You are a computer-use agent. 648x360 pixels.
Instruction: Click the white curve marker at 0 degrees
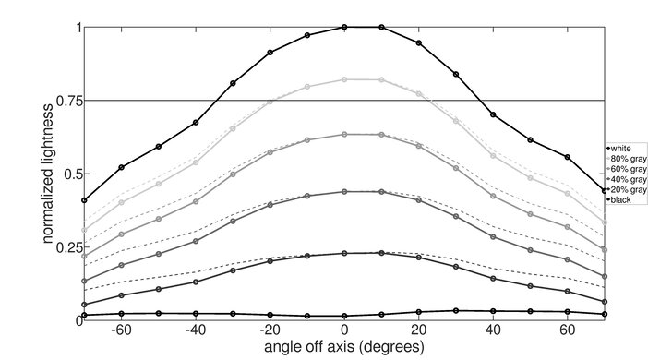(x=344, y=27)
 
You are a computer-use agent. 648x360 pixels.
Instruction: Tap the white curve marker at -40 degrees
(x=196, y=122)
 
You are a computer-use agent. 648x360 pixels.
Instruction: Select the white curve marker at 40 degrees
(x=493, y=114)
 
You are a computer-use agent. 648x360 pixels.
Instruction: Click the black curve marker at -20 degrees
(x=270, y=315)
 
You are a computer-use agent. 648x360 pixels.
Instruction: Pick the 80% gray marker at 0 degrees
(x=344, y=79)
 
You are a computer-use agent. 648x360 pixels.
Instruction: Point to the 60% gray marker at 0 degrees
(x=344, y=134)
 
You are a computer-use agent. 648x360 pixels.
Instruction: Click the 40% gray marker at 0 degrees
(x=344, y=192)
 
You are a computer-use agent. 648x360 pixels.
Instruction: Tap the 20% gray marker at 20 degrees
(x=419, y=258)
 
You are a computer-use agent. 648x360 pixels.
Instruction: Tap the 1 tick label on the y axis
(x=77, y=27)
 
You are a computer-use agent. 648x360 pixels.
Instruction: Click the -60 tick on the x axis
(x=121, y=330)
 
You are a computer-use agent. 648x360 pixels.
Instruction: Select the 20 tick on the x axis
(x=419, y=330)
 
